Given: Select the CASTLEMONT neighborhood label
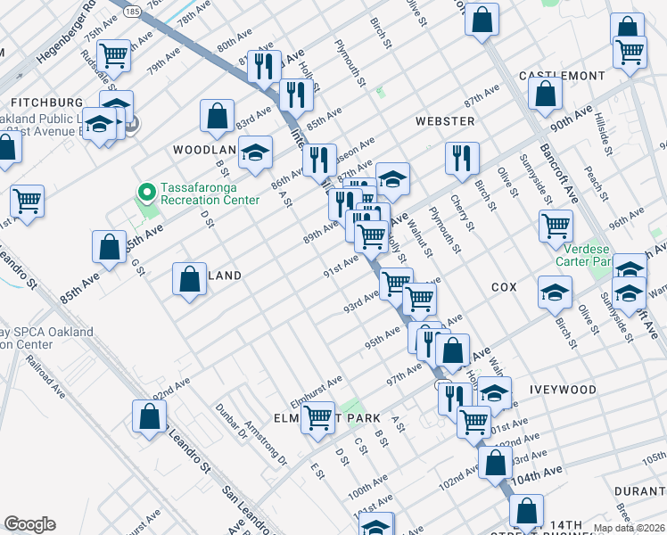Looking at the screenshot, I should pyautogui.click(x=561, y=76).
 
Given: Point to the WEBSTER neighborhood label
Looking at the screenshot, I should pyautogui.click(x=444, y=120).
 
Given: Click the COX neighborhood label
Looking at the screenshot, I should pyautogui.click(x=504, y=288).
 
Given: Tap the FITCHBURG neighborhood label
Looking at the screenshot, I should pyautogui.click(x=42, y=103).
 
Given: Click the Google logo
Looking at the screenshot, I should pyautogui.click(x=29, y=524).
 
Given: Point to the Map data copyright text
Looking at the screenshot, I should pyautogui.click(x=629, y=528).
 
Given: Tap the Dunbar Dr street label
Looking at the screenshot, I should pyautogui.click(x=229, y=420).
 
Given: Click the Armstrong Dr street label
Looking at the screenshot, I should pyautogui.click(x=267, y=444).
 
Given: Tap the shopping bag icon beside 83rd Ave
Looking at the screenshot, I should pyautogui.click(x=218, y=114).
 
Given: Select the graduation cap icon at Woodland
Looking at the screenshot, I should pyautogui.click(x=255, y=152).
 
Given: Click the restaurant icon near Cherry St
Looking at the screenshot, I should pyautogui.click(x=461, y=157).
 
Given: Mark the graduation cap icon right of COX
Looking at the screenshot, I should pyautogui.click(x=555, y=292).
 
